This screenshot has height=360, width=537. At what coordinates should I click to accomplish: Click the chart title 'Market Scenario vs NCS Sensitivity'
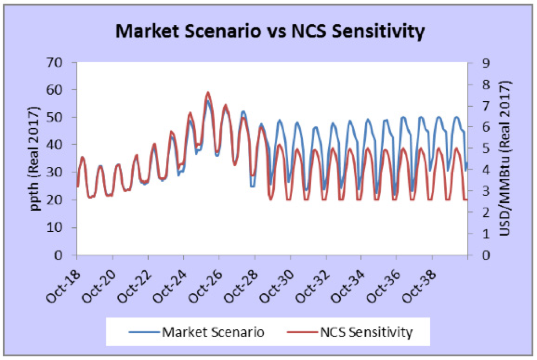(x=270, y=31)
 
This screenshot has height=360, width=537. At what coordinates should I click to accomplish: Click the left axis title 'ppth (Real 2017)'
(x=34, y=159)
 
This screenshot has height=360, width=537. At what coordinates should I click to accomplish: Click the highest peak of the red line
(x=208, y=92)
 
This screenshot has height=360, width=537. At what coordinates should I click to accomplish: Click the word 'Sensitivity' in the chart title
(x=375, y=31)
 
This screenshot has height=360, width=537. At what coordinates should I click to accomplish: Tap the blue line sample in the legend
(x=144, y=332)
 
